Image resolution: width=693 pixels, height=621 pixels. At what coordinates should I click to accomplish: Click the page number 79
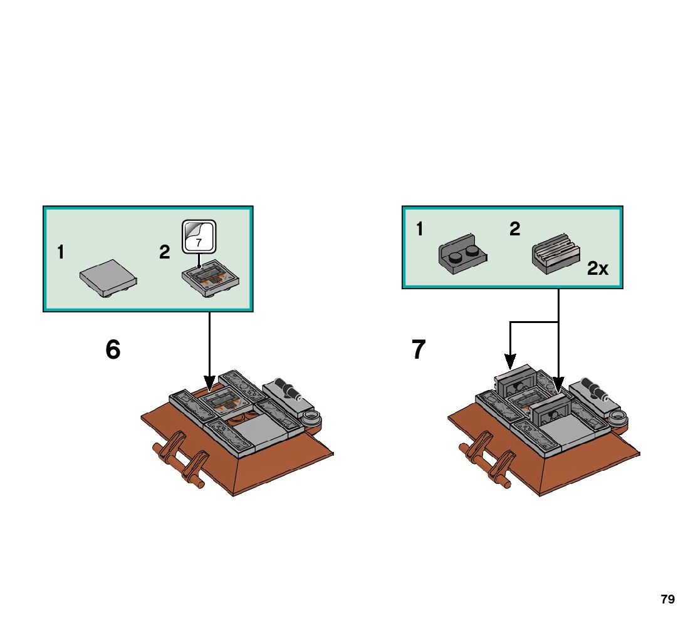tap(667, 599)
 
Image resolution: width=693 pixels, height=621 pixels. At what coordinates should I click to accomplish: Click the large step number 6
tap(113, 350)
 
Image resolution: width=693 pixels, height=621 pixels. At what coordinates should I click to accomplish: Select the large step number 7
tap(419, 350)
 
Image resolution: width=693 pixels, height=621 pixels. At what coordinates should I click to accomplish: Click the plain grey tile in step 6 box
tap(109, 277)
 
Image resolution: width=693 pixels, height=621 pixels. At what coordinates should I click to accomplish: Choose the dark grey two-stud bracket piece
tap(462, 257)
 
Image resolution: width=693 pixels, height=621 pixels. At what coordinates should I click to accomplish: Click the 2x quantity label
tap(598, 269)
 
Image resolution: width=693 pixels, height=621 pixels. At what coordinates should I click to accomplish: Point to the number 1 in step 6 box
tap(60, 253)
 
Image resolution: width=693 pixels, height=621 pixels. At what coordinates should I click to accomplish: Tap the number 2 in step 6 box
tap(164, 253)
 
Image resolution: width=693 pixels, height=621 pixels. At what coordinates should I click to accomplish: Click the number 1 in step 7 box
tap(419, 230)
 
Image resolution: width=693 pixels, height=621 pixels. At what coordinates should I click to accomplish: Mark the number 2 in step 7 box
tap(514, 230)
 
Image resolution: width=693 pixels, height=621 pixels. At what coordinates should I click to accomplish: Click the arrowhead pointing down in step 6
tap(209, 382)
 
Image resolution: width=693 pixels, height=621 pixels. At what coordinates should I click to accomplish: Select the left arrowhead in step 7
tap(511, 361)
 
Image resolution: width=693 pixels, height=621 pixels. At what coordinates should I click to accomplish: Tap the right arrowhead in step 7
tap(558, 384)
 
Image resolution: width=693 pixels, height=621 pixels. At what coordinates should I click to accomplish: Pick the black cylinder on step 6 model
tap(289, 390)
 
